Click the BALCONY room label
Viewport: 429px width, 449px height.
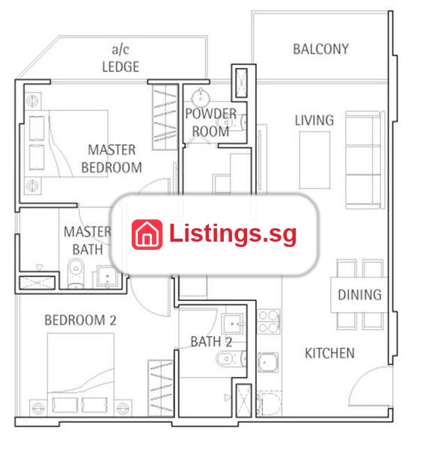click(x=320, y=49)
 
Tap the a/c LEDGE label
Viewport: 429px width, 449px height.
click(x=121, y=58)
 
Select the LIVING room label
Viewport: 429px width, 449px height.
click(x=314, y=120)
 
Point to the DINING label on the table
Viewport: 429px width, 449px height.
click(x=359, y=295)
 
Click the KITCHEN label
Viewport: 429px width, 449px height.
click(x=329, y=353)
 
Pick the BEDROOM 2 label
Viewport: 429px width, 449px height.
click(x=80, y=320)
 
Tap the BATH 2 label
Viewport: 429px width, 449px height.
click(x=211, y=342)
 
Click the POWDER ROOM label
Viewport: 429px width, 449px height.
click(x=210, y=123)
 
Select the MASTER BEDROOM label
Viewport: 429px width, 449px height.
click(x=112, y=159)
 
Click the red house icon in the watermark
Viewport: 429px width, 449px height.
click(x=147, y=234)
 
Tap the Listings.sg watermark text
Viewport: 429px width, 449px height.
click(x=233, y=234)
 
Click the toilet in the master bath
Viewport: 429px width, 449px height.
click(x=76, y=273)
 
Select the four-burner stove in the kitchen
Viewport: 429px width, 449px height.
click(x=269, y=322)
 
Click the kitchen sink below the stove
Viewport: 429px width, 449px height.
click(x=268, y=362)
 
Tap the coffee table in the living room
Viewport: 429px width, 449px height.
click(x=314, y=160)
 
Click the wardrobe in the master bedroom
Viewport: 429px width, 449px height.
click(x=165, y=117)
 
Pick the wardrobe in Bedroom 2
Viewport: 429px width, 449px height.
click(x=161, y=388)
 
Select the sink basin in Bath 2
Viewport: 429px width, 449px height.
click(x=233, y=324)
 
